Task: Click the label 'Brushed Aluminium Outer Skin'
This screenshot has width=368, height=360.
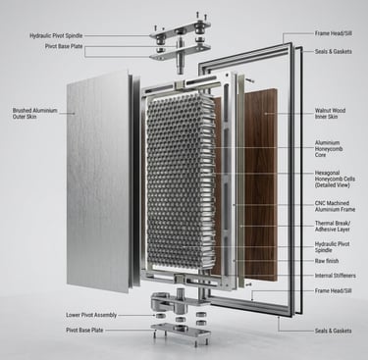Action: pos(35,114)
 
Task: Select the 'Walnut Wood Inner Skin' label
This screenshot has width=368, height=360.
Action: pos(330,114)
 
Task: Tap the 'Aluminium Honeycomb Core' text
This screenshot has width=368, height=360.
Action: pos(329,149)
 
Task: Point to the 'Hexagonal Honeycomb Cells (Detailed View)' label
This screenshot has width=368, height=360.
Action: pos(335,179)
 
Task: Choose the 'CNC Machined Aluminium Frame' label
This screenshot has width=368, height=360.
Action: pos(335,206)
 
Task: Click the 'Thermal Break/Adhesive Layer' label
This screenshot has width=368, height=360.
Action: pos(333,227)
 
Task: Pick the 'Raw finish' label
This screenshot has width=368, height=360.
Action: pos(327,261)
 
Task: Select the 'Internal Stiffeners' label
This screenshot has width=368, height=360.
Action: pos(335,276)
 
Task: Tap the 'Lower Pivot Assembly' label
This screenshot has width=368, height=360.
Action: pos(91,315)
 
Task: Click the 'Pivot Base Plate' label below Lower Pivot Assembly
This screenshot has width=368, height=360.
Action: pos(84,331)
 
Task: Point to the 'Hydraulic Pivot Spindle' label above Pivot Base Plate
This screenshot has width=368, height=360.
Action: pos(56,35)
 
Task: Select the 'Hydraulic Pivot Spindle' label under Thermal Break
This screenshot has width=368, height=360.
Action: pos(332,247)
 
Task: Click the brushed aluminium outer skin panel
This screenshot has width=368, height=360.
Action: pos(97,180)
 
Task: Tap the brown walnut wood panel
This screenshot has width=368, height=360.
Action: pos(261,183)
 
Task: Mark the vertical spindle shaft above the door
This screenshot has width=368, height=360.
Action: pos(180,53)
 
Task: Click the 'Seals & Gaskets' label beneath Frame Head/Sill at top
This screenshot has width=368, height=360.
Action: pos(334,51)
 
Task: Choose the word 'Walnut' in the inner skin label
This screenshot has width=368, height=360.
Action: pos(322,111)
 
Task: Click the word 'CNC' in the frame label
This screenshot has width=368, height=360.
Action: pos(320,203)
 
